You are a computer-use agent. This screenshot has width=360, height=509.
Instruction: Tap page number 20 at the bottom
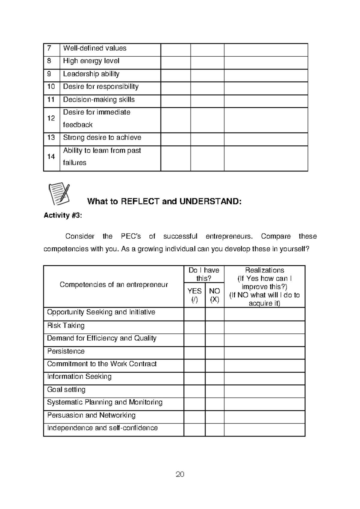coord(180,474)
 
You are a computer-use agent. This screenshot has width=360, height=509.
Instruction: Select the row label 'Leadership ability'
coord(91,74)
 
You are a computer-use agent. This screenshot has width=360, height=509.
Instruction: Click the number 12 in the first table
coord(51,118)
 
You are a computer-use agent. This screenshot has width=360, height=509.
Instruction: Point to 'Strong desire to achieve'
coord(102,138)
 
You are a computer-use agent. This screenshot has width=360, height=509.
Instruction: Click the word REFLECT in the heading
coord(140,201)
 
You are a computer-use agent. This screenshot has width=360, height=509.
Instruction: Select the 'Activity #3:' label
coord(62,216)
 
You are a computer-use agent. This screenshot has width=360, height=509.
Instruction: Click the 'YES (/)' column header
coord(194,295)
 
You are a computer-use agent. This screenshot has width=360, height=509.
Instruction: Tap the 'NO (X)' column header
coord(214,295)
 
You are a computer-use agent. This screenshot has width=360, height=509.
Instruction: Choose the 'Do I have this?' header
coord(204,274)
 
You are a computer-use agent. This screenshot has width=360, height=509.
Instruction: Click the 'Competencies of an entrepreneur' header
coord(114,284)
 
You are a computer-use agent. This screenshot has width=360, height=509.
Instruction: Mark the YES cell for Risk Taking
coord(194,327)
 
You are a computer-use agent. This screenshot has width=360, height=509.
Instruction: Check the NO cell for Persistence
coord(214,353)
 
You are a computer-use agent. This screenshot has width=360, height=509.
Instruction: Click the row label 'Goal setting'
coord(66,390)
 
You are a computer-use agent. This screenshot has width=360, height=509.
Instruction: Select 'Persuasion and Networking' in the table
coord(91,415)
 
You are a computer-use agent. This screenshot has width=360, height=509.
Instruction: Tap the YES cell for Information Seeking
coord(194,378)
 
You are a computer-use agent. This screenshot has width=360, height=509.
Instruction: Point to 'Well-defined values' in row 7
coord(94,48)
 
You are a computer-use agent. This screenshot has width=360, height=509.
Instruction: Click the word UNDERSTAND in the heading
coord(210,201)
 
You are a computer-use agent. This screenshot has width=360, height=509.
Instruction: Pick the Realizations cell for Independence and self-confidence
coord(264,430)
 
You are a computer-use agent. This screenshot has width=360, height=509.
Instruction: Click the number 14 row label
coord(51,156)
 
